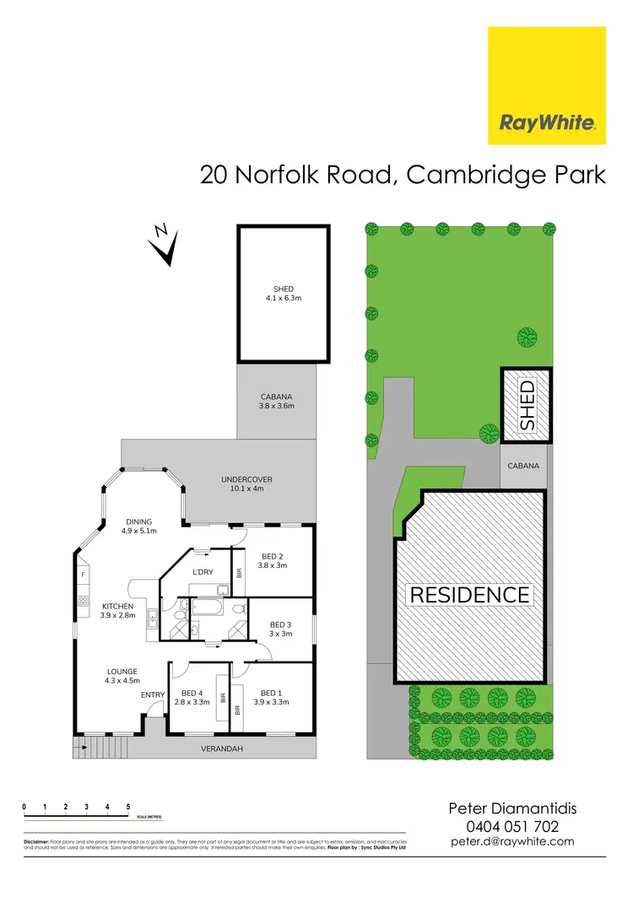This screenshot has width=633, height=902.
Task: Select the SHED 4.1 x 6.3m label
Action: (283, 293)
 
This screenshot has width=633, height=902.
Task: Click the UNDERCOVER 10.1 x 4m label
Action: (247, 483)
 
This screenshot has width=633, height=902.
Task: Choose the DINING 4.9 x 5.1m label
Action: (139, 526)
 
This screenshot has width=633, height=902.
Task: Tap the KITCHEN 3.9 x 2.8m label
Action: (117, 611)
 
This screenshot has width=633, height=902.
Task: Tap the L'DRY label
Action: (203, 572)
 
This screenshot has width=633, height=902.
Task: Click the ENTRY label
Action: (153, 694)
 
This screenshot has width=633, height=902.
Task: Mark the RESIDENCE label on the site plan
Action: (469, 594)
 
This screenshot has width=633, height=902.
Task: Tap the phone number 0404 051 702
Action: (512, 827)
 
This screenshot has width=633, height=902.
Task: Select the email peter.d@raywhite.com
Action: (512, 841)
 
